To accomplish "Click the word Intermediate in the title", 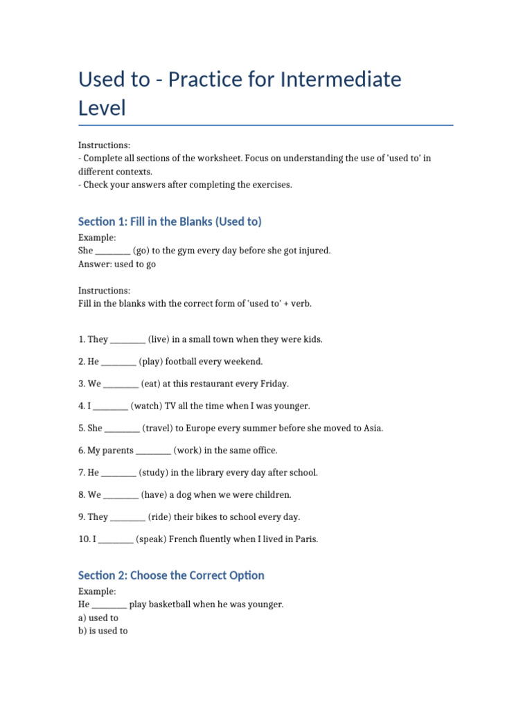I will (340, 80).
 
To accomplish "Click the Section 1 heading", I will (170, 222).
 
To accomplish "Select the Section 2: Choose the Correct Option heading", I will (171, 575).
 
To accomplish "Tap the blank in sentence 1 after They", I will (127, 339).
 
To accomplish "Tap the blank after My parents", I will (153, 450).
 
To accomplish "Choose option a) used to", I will (98, 618).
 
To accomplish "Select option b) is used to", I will (103, 631).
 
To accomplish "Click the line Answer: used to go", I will (117, 264).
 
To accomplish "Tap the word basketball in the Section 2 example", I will (169, 604).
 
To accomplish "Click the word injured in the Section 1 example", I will (313, 251).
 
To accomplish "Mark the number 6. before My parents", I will (82, 450).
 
